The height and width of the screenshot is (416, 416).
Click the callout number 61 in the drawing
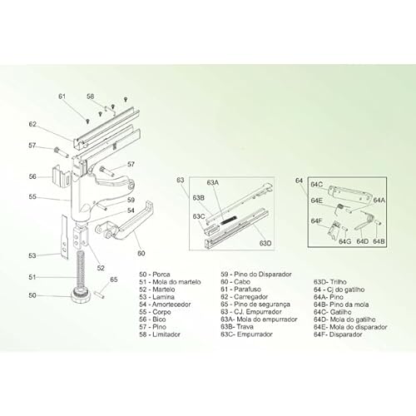coord(62,97)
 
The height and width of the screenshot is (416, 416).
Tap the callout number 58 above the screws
coord(91,97)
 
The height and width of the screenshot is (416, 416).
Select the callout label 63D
coord(265,242)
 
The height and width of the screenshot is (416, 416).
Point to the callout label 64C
coord(316,184)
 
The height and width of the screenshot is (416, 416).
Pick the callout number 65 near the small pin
coord(114,280)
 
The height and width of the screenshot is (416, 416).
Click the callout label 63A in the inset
coord(212,182)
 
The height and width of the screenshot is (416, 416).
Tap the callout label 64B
coord(379,241)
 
